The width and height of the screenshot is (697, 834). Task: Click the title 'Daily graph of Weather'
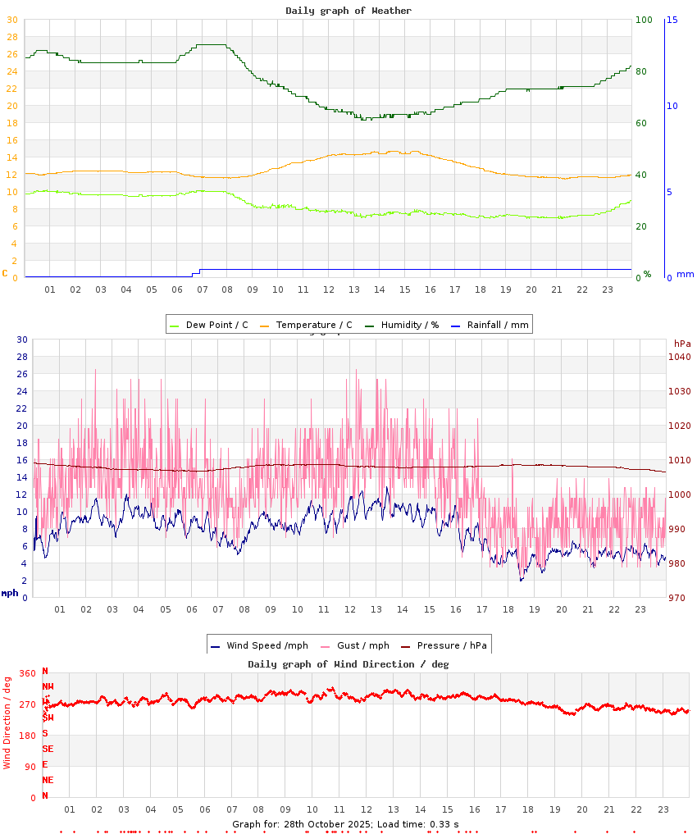pos(348,11)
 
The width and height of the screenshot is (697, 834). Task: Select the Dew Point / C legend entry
pos(208,325)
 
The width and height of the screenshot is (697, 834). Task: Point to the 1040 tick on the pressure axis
pos(679,357)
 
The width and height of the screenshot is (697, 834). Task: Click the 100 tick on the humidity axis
pos(644,20)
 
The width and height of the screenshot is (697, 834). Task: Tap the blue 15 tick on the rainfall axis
pos(672,20)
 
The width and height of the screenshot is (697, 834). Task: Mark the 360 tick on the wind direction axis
pos(28,673)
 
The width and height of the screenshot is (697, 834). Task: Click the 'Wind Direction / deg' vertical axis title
pos(7,722)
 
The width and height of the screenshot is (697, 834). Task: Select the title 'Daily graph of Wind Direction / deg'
pos(348,663)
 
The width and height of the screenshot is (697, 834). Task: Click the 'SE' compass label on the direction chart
pos(48,749)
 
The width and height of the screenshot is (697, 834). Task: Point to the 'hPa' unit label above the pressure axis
pos(682,343)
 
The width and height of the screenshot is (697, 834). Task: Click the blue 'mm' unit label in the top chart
pos(685,274)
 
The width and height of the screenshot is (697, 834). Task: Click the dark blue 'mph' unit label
pos(9,593)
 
